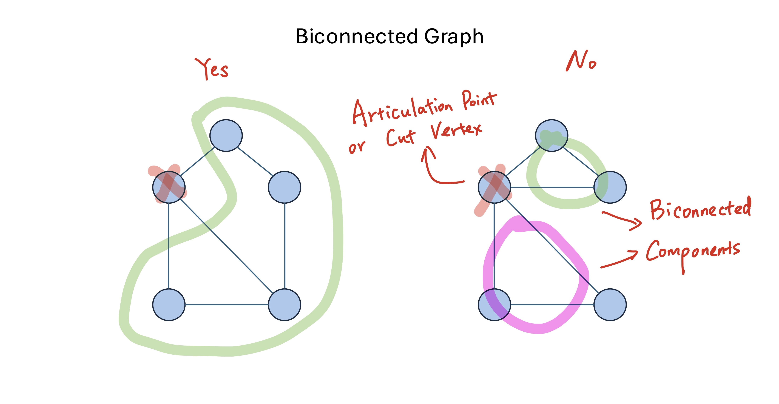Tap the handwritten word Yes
(x=212, y=69)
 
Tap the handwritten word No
(x=581, y=61)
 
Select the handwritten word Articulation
(x=402, y=111)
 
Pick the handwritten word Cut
(x=401, y=138)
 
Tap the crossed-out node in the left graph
(x=169, y=187)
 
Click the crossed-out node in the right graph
(x=494, y=187)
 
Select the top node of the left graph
(x=226, y=135)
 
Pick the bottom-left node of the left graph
(x=169, y=305)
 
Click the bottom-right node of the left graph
(x=284, y=305)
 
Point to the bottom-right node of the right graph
(x=610, y=305)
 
